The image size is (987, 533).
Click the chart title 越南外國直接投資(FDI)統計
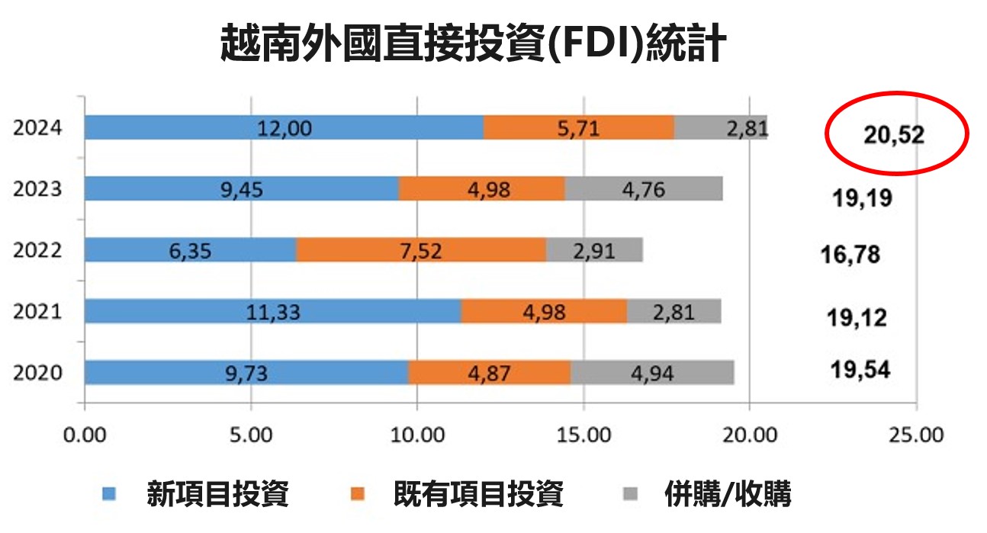[x=473, y=42]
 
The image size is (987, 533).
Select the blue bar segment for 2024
[x=284, y=127]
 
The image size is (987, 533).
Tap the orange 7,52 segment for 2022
[x=420, y=250]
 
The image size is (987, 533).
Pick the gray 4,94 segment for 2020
[x=652, y=373]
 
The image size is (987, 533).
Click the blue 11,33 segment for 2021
[x=272, y=311]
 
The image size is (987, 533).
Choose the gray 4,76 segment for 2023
[x=643, y=188]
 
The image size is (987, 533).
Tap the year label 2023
[x=37, y=189]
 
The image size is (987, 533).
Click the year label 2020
[x=37, y=374]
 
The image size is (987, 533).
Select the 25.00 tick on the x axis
[x=917, y=435]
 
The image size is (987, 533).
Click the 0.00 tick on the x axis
[x=85, y=435]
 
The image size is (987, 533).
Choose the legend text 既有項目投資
[x=478, y=494]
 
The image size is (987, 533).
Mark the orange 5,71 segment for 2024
[x=579, y=127]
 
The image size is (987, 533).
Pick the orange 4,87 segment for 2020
[x=489, y=373]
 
